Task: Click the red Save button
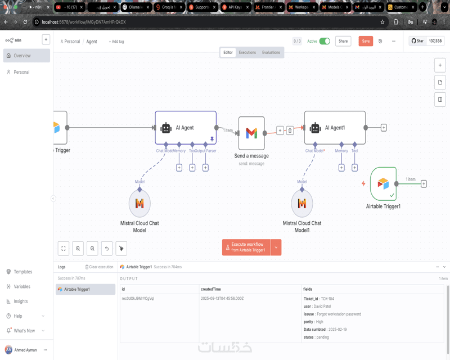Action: tap(366, 41)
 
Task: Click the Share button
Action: tap(343, 41)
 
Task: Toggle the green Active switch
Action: tap(325, 41)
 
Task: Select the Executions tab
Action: tap(247, 52)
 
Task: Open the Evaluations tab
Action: tap(271, 52)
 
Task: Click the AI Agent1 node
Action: tap(335, 128)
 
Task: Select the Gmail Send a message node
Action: tap(251, 133)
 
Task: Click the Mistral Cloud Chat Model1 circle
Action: tap(302, 203)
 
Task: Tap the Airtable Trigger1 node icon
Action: tap(383, 183)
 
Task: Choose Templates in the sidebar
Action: tap(22, 272)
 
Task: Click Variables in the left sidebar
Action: tap(22, 286)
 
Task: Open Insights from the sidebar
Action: tap(21, 301)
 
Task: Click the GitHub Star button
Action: tap(417, 41)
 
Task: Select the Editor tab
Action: tap(228, 52)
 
